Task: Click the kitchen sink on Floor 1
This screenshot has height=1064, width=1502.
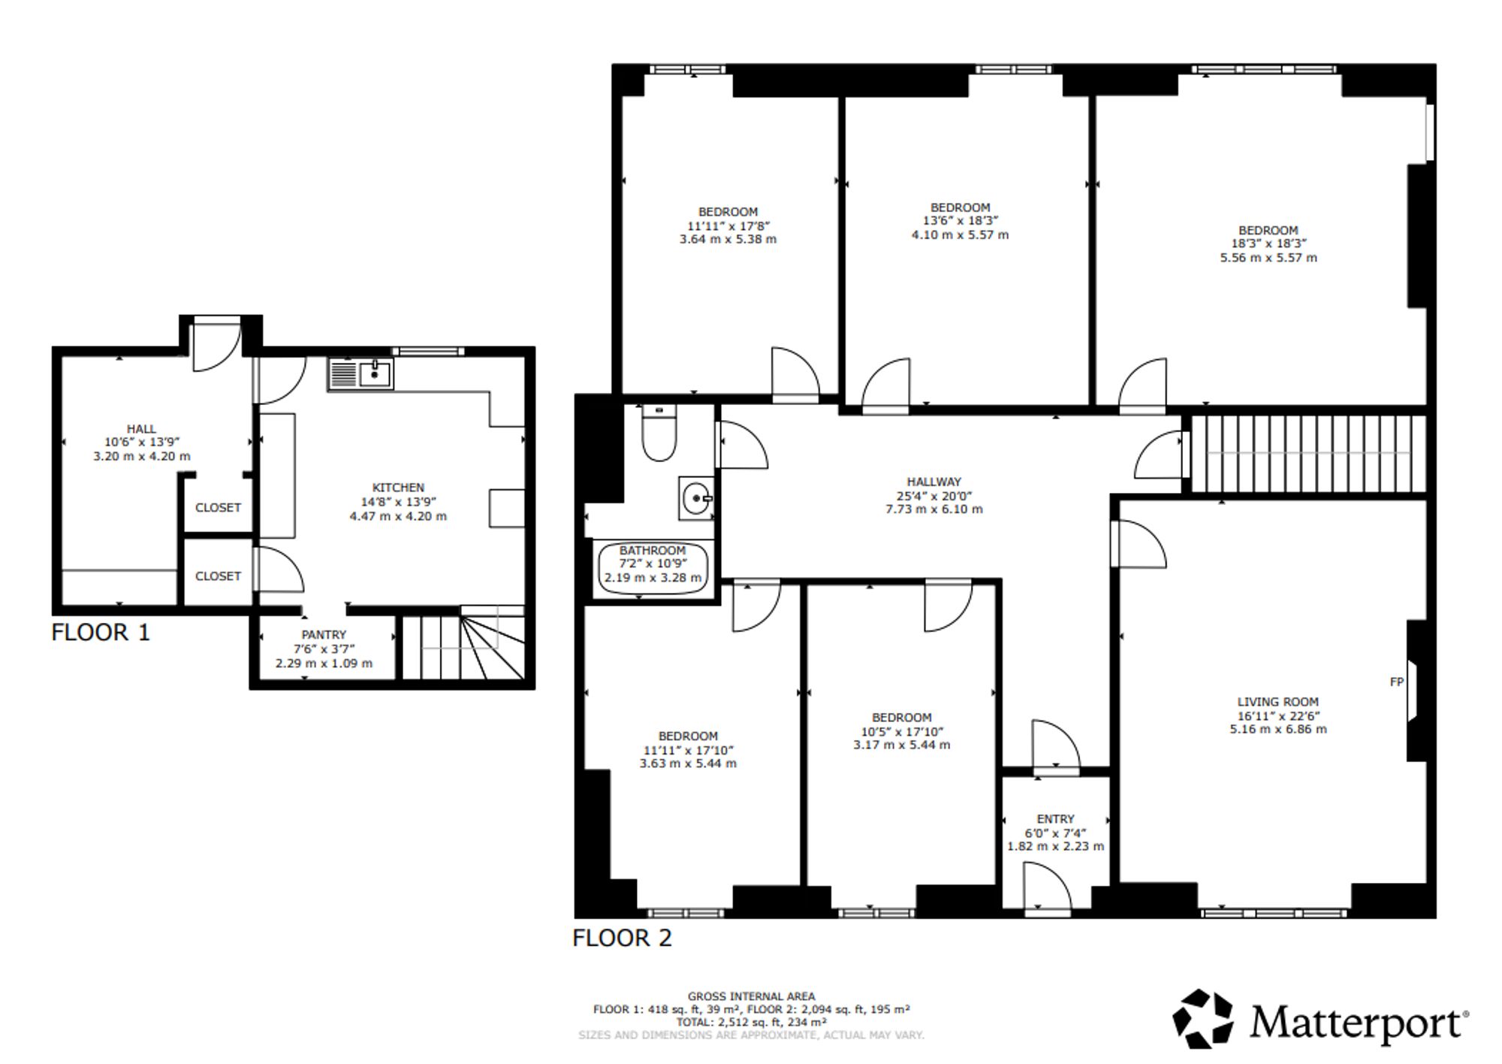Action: tap(360, 373)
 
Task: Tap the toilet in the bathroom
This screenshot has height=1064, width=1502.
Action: tap(659, 432)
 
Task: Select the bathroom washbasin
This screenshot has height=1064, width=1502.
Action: tap(695, 497)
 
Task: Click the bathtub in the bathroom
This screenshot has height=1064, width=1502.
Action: tap(653, 567)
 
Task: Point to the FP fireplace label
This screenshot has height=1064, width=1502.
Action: tap(1397, 682)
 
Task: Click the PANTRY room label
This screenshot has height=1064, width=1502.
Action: tap(324, 635)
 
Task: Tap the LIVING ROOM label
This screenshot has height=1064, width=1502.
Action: tap(1278, 702)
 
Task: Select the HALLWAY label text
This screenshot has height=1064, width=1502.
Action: tap(934, 482)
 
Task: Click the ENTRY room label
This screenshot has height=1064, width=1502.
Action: tap(1055, 819)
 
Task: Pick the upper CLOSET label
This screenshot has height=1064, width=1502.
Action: tap(218, 508)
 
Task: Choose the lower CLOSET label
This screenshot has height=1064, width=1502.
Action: tap(218, 576)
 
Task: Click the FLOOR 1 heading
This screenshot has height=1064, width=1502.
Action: tap(101, 633)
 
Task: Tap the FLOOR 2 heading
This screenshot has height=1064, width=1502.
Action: tap(622, 938)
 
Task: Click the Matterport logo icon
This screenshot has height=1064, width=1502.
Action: tap(1203, 1019)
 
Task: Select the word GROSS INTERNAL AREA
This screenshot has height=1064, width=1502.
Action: tap(751, 996)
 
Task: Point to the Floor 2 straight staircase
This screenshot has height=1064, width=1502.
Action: tap(1308, 454)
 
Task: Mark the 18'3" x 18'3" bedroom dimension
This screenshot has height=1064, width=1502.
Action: tap(1268, 243)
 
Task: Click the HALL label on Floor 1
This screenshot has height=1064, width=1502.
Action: tap(141, 429)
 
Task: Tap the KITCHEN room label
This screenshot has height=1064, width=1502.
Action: tap(398, 488)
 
